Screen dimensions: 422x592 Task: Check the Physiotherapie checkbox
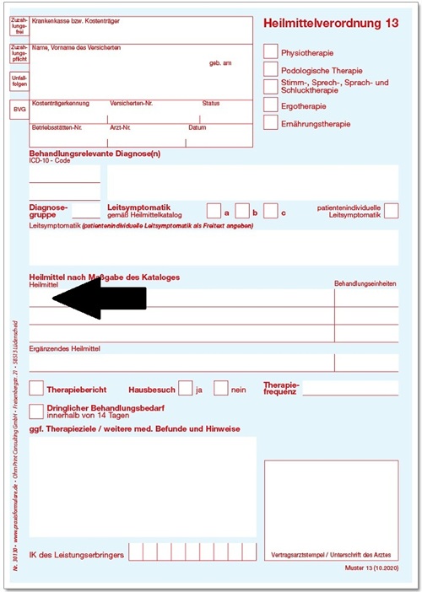pyautogui.click(x=270, y=51)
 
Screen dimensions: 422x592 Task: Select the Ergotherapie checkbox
pyautogui.click(x=270, y=105)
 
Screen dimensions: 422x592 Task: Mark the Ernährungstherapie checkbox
pyautogui.click(x=270, y=123)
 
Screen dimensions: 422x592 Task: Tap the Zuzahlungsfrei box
pyautogui.click(x=19, y=28)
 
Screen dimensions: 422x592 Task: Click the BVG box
pyautogui.click(x=19, y=110)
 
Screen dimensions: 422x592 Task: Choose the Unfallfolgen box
pyautogui.click(x=19, y=82)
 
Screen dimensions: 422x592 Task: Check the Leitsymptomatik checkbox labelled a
pyautogui.click(x=214, y=211)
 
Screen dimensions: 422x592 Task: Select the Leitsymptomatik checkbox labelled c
pyautogui.click(x=270, y=211)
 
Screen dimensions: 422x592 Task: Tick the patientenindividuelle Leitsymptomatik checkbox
pyautogui.click(x=391, y=211)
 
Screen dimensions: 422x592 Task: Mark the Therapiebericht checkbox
pyautogui.click(x=36, y=389)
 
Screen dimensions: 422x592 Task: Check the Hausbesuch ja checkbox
pyautogui.click(x=186, y=389)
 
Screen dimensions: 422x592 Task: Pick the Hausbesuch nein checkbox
pyautogui.click(x=221, y=389)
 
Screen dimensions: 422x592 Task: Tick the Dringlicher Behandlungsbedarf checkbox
pyautogui.click(x=36, y=411)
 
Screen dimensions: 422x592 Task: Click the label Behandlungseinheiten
pyautogui.click(x=365, y=284)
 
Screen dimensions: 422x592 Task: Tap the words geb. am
pyautogui.click(x=220, y=63)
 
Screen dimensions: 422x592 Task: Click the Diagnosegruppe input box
pyautogui.click(x=86, y=211)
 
